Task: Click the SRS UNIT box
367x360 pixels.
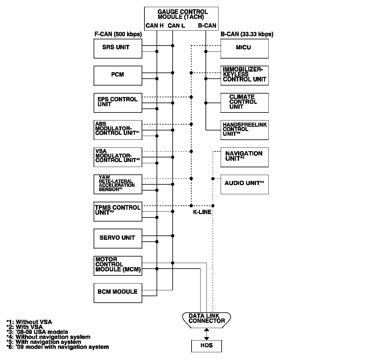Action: click(118, 49)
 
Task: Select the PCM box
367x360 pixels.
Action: click(118, 76)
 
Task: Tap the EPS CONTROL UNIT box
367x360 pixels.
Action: click(118, 103)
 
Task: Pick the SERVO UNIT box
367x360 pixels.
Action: click(118, 238)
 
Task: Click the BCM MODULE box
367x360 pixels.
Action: click(118, 292)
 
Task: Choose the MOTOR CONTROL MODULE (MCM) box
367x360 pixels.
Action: click(118, 266)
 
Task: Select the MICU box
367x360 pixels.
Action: click(244, 49)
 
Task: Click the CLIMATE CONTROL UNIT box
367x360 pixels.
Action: click(244, 103)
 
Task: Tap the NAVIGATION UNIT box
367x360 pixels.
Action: click(244, 157)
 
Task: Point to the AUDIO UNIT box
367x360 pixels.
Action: click(244, 184)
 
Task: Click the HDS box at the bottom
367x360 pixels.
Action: click(206, 345)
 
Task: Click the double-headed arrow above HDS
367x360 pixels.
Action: click(206, 334)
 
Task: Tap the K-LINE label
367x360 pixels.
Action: click(202, 212)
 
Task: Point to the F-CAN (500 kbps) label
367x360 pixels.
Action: click(118, 34)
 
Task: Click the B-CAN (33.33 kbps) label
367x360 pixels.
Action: click(247, 34)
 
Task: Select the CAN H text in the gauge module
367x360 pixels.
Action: click(154, 26)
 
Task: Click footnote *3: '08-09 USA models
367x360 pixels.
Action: click(37, 332)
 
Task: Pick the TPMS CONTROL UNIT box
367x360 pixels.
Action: click(118, 211)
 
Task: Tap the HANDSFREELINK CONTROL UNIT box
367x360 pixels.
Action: click(244, 130)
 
